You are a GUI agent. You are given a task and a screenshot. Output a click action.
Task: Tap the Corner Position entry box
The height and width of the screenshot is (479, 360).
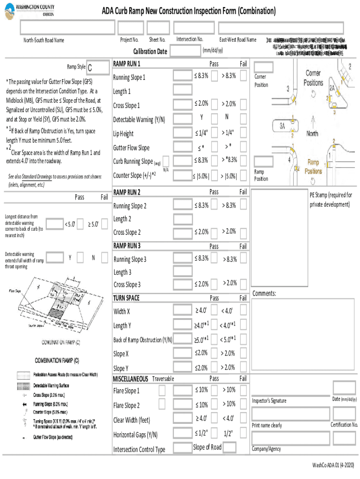point(263,66)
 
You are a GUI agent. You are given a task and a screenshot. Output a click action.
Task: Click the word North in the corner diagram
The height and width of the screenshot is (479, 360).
point(312,133)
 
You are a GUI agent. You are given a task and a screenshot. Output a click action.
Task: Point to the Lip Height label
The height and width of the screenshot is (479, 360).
point(123,134)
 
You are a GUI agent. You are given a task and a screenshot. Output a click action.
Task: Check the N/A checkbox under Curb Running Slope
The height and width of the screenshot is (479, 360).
point(166,161)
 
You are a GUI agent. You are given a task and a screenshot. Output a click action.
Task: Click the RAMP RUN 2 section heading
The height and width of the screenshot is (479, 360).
point(127,192)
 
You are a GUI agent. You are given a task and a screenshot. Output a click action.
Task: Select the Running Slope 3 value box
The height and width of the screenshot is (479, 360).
point(181,259)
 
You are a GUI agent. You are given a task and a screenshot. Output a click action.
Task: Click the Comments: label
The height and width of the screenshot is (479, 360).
point(264,293)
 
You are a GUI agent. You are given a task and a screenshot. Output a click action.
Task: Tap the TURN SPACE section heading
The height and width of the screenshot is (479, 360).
point(126,298)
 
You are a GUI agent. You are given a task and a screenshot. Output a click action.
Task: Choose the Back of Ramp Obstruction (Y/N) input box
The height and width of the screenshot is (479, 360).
point(181,339)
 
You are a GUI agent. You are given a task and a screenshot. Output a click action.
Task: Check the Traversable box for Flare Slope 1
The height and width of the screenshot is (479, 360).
point(162,390)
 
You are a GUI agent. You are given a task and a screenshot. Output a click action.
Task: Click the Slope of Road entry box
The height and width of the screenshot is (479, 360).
point(229,448)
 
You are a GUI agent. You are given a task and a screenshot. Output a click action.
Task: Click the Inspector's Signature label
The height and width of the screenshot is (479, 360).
point(269,401)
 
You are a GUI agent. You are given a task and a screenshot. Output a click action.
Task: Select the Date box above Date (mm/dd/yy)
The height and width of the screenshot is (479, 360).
point(344,387)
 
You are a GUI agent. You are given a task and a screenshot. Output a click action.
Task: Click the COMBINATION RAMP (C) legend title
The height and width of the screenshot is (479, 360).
point(57,361)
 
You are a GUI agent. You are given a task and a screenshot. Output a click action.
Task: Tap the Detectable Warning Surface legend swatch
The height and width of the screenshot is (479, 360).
point(23,386)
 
